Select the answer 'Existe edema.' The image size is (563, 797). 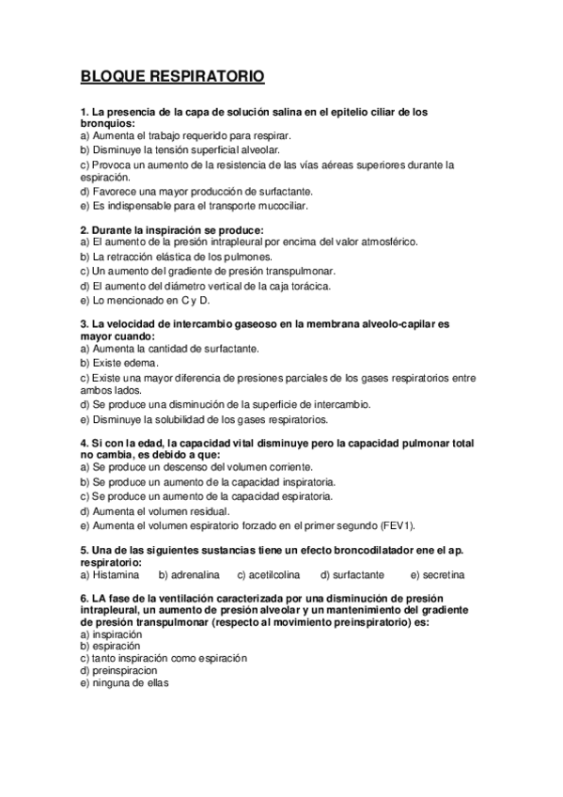(x=119, y=362)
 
